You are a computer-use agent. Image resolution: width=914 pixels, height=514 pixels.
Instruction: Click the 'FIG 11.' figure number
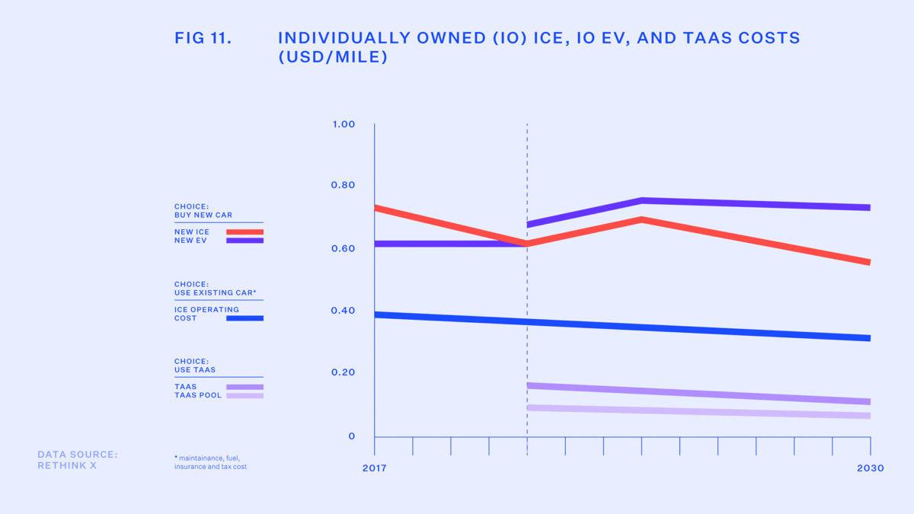[203, 38]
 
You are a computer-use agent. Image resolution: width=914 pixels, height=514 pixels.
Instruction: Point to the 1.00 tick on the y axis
[344, 124]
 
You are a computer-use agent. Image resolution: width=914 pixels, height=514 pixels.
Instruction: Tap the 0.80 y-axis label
[344, 186]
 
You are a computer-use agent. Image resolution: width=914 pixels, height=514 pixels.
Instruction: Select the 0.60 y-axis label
[344, 248]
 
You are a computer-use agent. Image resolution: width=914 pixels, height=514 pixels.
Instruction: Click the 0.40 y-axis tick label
[344, 311]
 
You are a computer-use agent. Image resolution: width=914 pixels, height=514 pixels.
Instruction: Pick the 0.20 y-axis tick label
[344, 372]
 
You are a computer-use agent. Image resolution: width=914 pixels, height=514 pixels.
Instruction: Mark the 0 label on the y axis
[352, 436]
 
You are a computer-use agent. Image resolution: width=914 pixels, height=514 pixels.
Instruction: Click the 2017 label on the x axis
[374, 468]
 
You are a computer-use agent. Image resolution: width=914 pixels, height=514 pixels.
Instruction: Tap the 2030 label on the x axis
[869, 468]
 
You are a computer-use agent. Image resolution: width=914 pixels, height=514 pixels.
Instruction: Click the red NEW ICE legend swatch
[244, 232]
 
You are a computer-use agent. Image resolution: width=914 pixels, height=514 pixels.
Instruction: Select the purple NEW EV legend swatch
[244, 241]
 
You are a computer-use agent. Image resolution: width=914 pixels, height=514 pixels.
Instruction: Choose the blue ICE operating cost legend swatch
[244, 318]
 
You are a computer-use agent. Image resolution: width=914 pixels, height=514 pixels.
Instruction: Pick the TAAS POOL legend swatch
[244, 396]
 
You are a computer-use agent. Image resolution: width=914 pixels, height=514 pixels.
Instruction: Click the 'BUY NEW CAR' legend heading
[203, 215]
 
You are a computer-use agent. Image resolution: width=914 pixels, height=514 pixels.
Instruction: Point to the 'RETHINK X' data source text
[67, 465]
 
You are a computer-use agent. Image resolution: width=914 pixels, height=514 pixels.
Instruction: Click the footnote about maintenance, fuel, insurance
[210, 462]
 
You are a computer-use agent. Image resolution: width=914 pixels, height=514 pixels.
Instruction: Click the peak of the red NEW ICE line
[642, 219]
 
